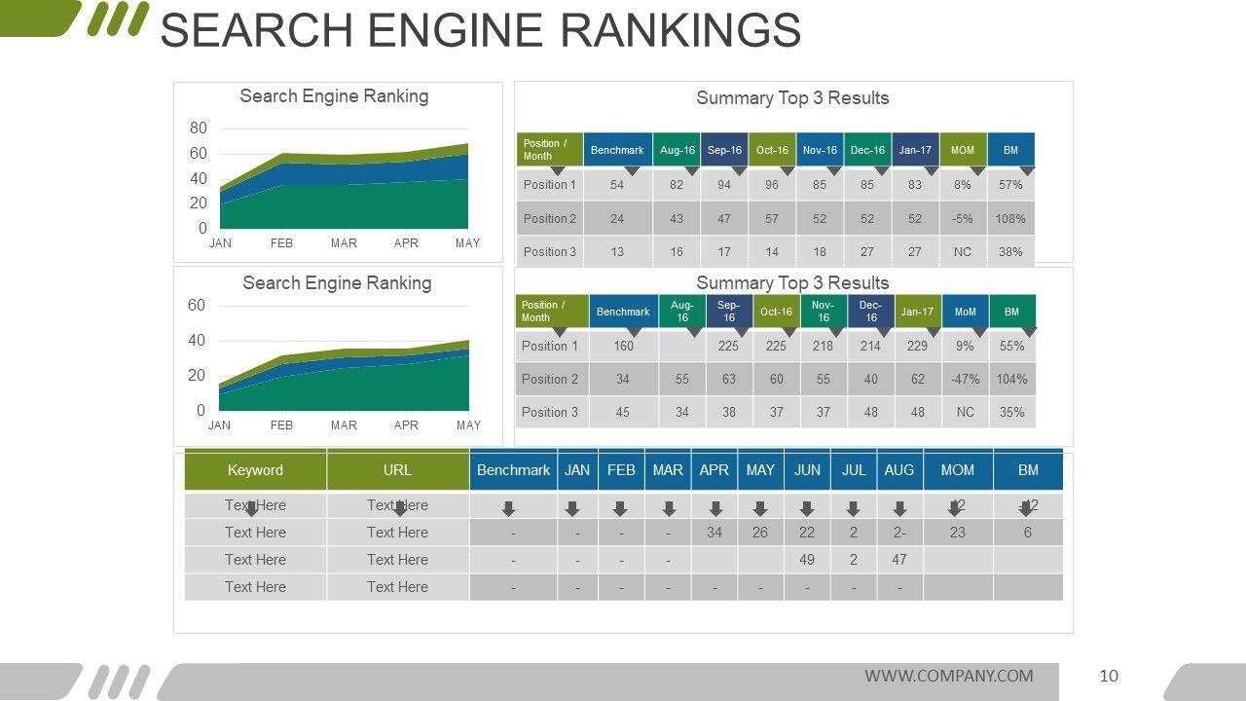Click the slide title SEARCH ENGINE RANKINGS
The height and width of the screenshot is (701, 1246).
tap(480, 30)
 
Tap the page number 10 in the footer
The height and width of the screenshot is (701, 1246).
tap(1109, 676)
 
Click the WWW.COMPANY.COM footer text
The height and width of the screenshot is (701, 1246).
tap(948, 676)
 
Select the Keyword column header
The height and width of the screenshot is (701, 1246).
tap(255, 470)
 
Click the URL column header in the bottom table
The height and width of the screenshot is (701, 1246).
tap(397, 470)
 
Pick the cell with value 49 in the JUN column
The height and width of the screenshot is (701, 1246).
tap(806, 560)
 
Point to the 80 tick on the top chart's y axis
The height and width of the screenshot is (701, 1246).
tap(199, 128)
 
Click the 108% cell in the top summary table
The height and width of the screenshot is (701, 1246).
tap(1010, 218)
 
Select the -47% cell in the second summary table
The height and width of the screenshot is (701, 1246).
tap(965, 379)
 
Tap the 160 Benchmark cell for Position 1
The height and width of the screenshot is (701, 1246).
tap(623, 346)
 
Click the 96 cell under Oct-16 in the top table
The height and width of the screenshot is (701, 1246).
tap(772, 184)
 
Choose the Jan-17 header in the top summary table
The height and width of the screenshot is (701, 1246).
tap(915, 150)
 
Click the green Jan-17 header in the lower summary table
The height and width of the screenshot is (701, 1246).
tap(917, 312)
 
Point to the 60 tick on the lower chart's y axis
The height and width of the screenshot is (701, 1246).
tap(197, 306)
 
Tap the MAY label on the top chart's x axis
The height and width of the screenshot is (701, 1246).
tap(467, 243)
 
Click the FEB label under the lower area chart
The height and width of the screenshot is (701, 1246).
tap(281, 425)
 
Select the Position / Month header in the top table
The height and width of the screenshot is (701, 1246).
tap(549, 150)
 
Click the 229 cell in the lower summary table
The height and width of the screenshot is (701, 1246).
tap(917, 346)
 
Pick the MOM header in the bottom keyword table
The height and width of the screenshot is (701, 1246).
tap(957, 470)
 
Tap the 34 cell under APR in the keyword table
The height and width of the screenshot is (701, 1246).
tap(714, 533)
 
